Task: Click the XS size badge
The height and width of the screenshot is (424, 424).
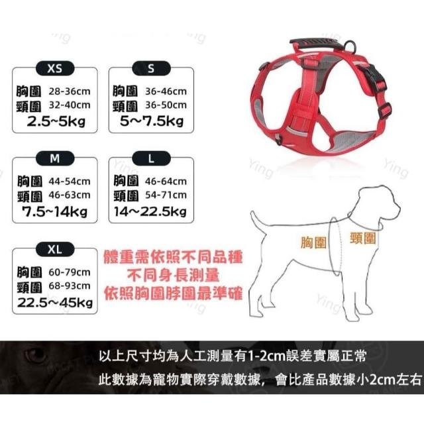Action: coord(55,68)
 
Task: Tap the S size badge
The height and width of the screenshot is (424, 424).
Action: coord(151,68)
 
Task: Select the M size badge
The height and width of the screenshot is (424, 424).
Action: coord(55,158)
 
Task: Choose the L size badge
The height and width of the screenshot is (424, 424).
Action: coord(151,158)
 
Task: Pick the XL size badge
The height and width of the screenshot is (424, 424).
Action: coord(55,249)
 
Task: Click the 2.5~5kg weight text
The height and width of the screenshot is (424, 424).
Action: coord(56,121)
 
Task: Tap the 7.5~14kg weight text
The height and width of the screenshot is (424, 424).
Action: coord(55,211)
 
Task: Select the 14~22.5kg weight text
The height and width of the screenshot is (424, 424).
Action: coord(150,211)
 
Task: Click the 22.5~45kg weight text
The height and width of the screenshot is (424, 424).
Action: coord(55,302)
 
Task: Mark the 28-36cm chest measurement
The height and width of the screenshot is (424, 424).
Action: coord(70,91)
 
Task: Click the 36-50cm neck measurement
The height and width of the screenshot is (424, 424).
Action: coord(166,105)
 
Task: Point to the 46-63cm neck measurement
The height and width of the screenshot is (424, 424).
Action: coord(70,195)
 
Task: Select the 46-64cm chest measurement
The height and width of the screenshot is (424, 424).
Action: coord(166,181)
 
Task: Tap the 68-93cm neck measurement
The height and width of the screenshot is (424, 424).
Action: coord(70,286)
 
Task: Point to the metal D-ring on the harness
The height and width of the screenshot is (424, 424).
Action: coord(350,46)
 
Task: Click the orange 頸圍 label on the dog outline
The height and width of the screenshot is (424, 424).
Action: coord(362,238)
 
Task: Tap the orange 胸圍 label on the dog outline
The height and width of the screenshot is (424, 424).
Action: coord(313,242)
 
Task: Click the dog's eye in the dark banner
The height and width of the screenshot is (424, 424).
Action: coord(35,355)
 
